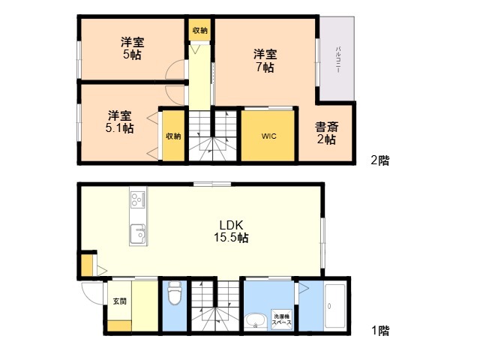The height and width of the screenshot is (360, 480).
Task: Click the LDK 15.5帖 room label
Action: point(231,232)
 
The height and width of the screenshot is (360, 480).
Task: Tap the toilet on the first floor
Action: point(175,293)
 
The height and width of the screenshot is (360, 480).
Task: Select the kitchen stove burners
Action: point(138,199)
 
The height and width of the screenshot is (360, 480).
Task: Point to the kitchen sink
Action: point(138,234)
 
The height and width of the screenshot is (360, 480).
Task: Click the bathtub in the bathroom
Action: point(335,306)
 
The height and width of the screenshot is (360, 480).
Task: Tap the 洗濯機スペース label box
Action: point(282,319)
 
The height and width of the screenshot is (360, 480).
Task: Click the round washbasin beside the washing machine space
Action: point(255,321)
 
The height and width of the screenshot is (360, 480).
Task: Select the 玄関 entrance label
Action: point(119,301)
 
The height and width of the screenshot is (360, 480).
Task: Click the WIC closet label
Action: point(268,136)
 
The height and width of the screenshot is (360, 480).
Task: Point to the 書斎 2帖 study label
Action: point(327,133)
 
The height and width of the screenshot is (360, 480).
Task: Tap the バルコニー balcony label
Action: point(338,60)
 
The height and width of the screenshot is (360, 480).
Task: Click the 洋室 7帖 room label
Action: point(265,61)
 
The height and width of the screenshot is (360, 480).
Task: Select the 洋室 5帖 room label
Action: point(132,48)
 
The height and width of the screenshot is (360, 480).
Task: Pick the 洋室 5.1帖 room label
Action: point(119,121)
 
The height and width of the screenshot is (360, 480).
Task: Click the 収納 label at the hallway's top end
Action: point(200,30)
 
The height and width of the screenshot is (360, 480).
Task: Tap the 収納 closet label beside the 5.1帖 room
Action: point(173,136)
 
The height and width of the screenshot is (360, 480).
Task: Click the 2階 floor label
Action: point(380,160)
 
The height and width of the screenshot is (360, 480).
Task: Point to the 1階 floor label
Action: point(380,331)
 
